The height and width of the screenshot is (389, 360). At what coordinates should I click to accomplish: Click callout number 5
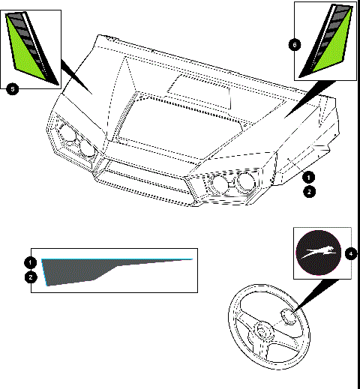point(11,89)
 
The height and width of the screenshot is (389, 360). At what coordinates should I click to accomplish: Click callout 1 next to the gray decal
point(29,262)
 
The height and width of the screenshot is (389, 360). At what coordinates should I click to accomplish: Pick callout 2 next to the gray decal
point(29,277)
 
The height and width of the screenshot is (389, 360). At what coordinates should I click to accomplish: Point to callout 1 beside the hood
point(308,177)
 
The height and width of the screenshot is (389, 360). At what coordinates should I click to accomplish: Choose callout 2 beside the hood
point(308,192)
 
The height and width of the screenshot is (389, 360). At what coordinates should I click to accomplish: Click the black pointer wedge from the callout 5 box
point(75,78)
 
